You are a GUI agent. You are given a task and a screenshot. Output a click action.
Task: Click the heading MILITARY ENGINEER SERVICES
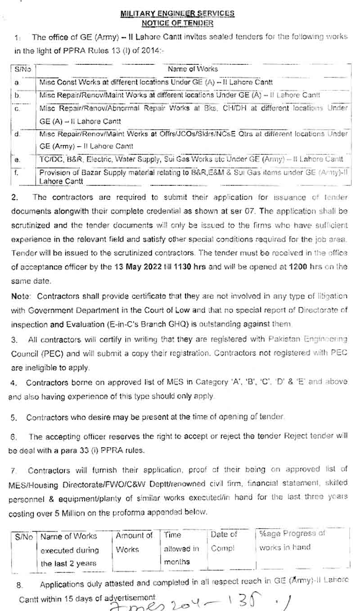177,14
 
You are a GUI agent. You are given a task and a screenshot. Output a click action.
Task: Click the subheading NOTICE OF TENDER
177,22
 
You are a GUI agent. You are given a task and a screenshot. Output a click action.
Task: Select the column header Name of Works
192,69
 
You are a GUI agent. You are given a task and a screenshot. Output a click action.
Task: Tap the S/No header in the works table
22,69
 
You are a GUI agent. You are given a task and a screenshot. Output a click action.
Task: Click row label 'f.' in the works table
17,172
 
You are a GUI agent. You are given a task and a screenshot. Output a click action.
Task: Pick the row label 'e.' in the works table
17,160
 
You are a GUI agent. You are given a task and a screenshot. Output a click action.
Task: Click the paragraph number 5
14,417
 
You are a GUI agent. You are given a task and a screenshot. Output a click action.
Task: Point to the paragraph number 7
14,471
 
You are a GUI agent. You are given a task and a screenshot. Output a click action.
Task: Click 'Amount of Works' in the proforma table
134,543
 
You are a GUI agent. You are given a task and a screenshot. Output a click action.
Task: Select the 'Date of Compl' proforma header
224,542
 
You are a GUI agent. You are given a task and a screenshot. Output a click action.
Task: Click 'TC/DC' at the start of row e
49,159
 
